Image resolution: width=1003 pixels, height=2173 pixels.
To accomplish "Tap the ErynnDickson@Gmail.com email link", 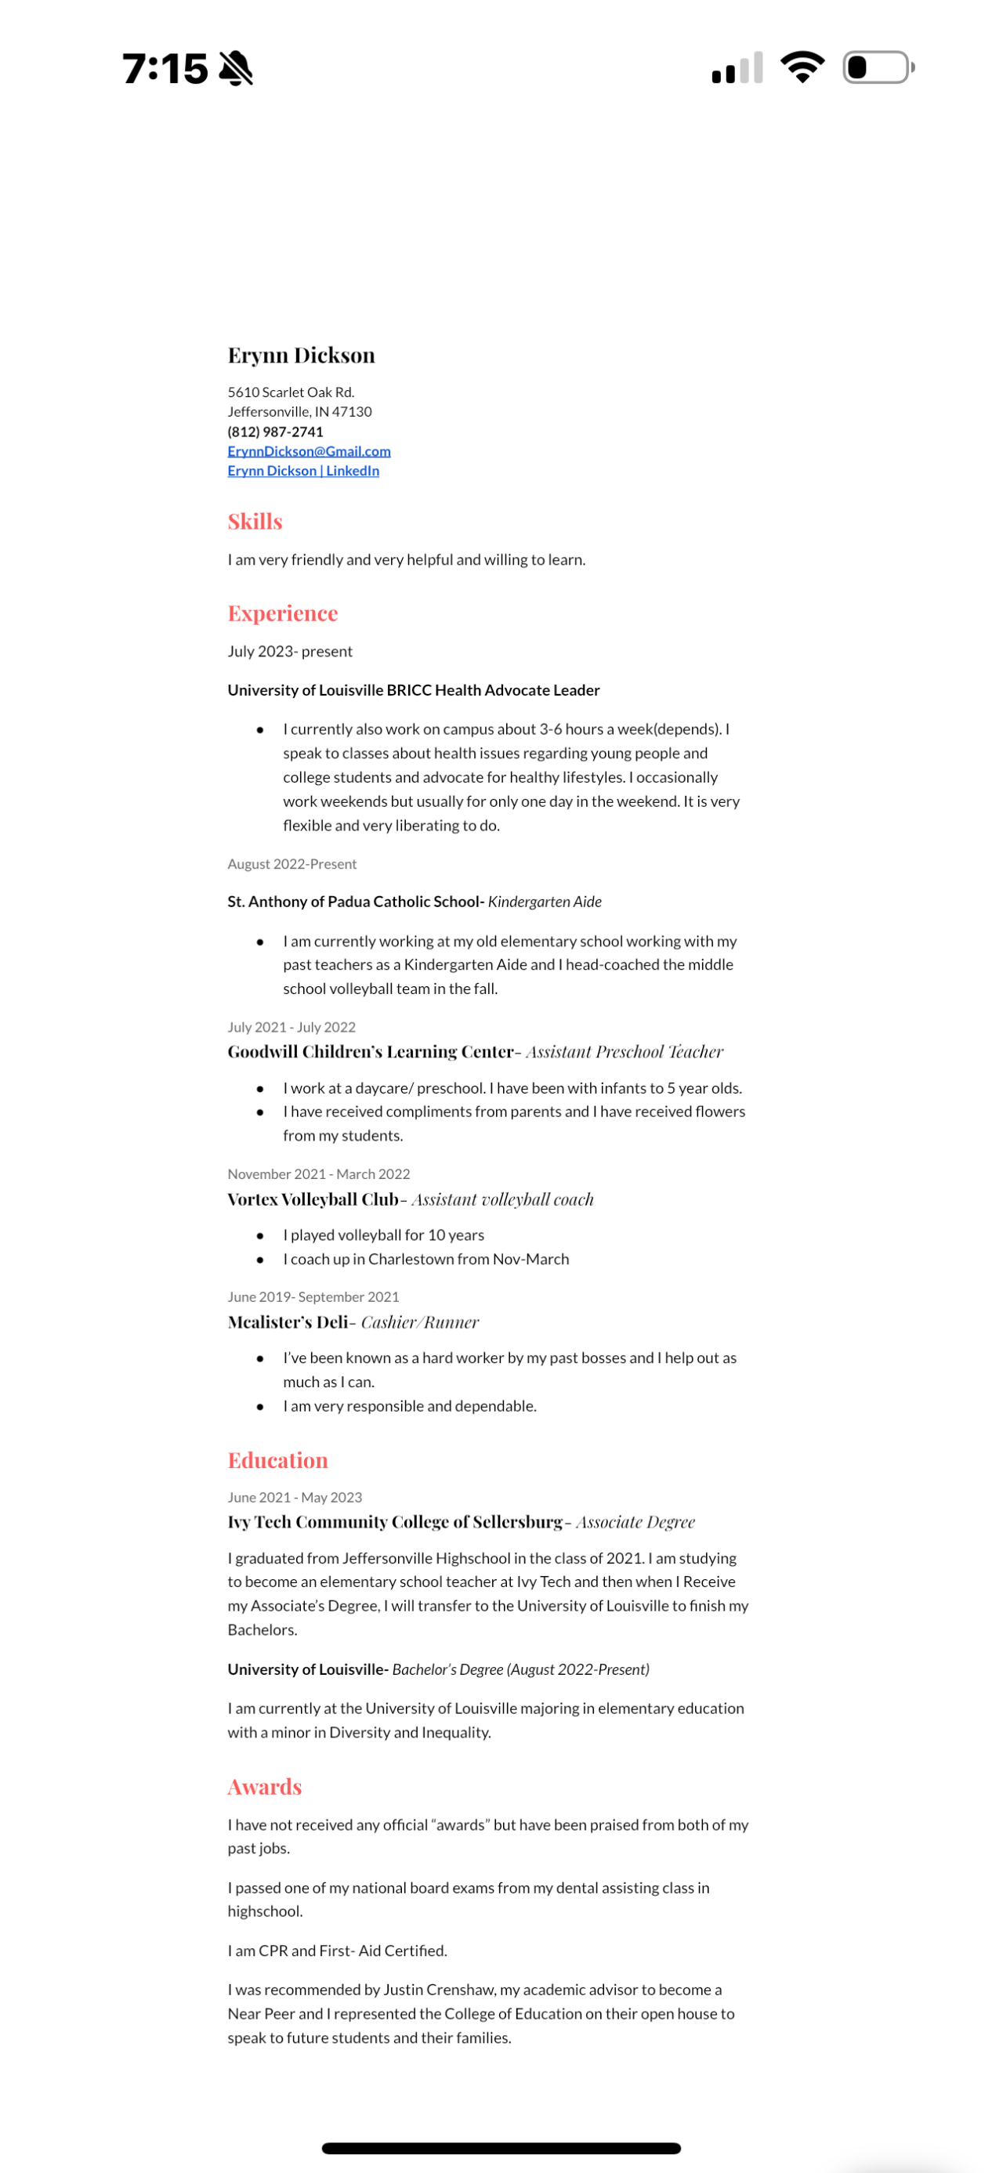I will pos(309,451).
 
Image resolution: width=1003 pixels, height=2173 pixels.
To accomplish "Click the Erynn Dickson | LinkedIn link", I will pos(302,471).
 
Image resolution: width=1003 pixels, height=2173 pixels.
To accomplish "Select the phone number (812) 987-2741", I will pos(275,432).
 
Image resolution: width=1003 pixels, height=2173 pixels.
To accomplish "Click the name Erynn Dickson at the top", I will pos(301,355).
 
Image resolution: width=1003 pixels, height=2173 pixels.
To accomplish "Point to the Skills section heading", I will pos(255,522).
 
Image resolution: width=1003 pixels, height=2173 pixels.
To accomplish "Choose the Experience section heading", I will pos(283,613).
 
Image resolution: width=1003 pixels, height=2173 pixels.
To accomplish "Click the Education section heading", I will pos(277,1460).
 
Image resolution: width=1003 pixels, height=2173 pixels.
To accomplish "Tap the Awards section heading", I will pos(264,1787).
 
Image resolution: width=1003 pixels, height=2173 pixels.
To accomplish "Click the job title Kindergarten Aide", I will pos(544,902).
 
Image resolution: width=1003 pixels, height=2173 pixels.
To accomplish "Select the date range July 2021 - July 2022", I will pos(291,1028).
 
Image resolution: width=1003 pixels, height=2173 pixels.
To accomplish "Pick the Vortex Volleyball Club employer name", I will pos(312,1199).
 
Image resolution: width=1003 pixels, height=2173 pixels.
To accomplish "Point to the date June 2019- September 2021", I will pos(313,1296).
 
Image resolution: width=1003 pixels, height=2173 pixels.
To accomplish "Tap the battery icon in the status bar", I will pos(878,67).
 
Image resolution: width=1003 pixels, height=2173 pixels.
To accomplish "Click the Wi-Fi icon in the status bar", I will pos(802,67).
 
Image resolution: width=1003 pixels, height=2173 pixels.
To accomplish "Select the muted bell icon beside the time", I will pos(236,68).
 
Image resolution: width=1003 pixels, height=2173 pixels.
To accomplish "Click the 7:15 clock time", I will pos(165,68).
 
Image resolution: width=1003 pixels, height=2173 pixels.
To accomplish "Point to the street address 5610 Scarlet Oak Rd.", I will pos(291,392).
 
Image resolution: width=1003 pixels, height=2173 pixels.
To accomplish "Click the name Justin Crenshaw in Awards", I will pos(439,1990).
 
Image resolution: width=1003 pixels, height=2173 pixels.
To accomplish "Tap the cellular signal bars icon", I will pos(737,68).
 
